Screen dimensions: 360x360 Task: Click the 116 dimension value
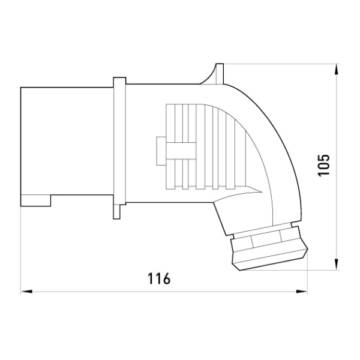coord(159,278)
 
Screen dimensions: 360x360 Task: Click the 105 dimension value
coord(323,166)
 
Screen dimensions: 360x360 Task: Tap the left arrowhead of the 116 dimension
coord(26,292)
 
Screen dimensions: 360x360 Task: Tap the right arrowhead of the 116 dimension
coord(302,292)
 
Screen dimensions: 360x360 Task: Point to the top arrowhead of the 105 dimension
coord(337,70)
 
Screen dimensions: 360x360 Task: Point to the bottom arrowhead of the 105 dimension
coord(337,264)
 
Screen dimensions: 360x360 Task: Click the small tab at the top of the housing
coord(219,73)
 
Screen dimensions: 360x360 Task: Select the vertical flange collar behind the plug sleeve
coord(119,141)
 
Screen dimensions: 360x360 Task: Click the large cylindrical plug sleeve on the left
coord(67,141)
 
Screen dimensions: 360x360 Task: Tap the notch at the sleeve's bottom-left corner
coord(35,200)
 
